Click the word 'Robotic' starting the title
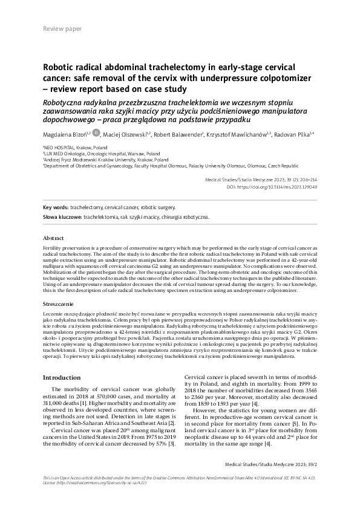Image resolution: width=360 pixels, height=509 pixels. coord(59,68)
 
